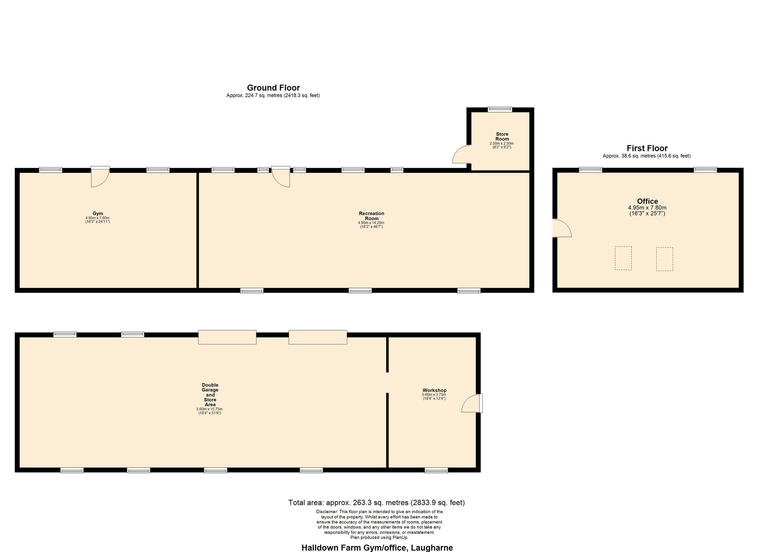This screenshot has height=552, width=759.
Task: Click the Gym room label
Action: coord(98,214)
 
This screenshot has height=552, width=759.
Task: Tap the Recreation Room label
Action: coord(371,216)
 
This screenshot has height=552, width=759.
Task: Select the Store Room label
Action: coord(502,136)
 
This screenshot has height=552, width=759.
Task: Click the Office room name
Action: coord(647,201)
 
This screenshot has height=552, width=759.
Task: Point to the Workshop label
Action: coord(434,390)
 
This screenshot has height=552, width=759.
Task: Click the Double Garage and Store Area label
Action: coord(210,395)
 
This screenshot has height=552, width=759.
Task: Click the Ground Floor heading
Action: coord(274,88)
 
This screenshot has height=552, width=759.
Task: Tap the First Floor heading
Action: coord(647,148)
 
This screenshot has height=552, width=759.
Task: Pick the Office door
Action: coord(562,228)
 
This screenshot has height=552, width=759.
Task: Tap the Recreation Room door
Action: coord(281,176)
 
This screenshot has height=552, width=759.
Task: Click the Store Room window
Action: coord(500,109)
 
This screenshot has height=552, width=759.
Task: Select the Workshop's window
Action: coord(436,470)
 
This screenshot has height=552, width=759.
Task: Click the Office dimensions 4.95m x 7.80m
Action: coord(647,208)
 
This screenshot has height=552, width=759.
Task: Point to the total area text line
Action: coord(377,503)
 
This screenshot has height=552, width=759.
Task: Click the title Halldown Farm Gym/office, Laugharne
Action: coord(377,548)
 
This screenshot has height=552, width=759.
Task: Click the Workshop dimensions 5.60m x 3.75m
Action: coord(434,395)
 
